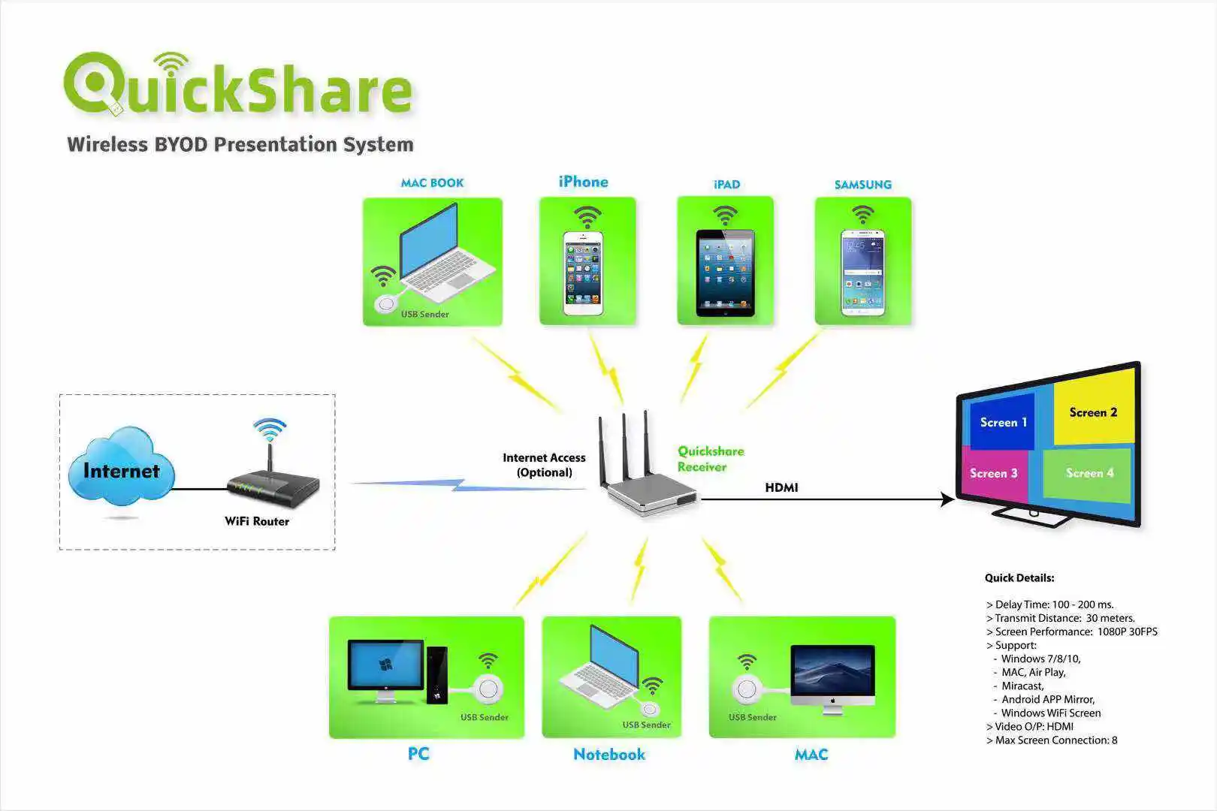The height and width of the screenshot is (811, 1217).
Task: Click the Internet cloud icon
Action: [x=121, y=469]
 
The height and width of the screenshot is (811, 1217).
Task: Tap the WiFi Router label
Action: [x=257, y=521]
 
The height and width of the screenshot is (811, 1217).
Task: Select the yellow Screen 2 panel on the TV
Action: [x=1093, y=412]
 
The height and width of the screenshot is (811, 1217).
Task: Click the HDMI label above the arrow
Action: [x=781, y=487]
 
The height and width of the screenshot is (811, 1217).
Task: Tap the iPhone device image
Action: [x=583, y=273]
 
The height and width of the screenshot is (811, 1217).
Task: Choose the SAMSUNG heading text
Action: [x=862, y=185]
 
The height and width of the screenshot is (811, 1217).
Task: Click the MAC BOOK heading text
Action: [x=432, y=183]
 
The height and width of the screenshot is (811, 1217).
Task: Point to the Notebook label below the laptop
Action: [x=608, y=754]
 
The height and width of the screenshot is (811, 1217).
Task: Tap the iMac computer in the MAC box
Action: [x=832, y=676]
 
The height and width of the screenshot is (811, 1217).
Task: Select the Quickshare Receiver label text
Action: [x=710, y=459]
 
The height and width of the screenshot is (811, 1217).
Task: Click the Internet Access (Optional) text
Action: [x=544, y=465]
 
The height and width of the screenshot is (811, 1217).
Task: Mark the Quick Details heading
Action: [x=1019, y=578]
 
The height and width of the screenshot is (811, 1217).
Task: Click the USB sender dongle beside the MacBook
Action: [x=387, y=303]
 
